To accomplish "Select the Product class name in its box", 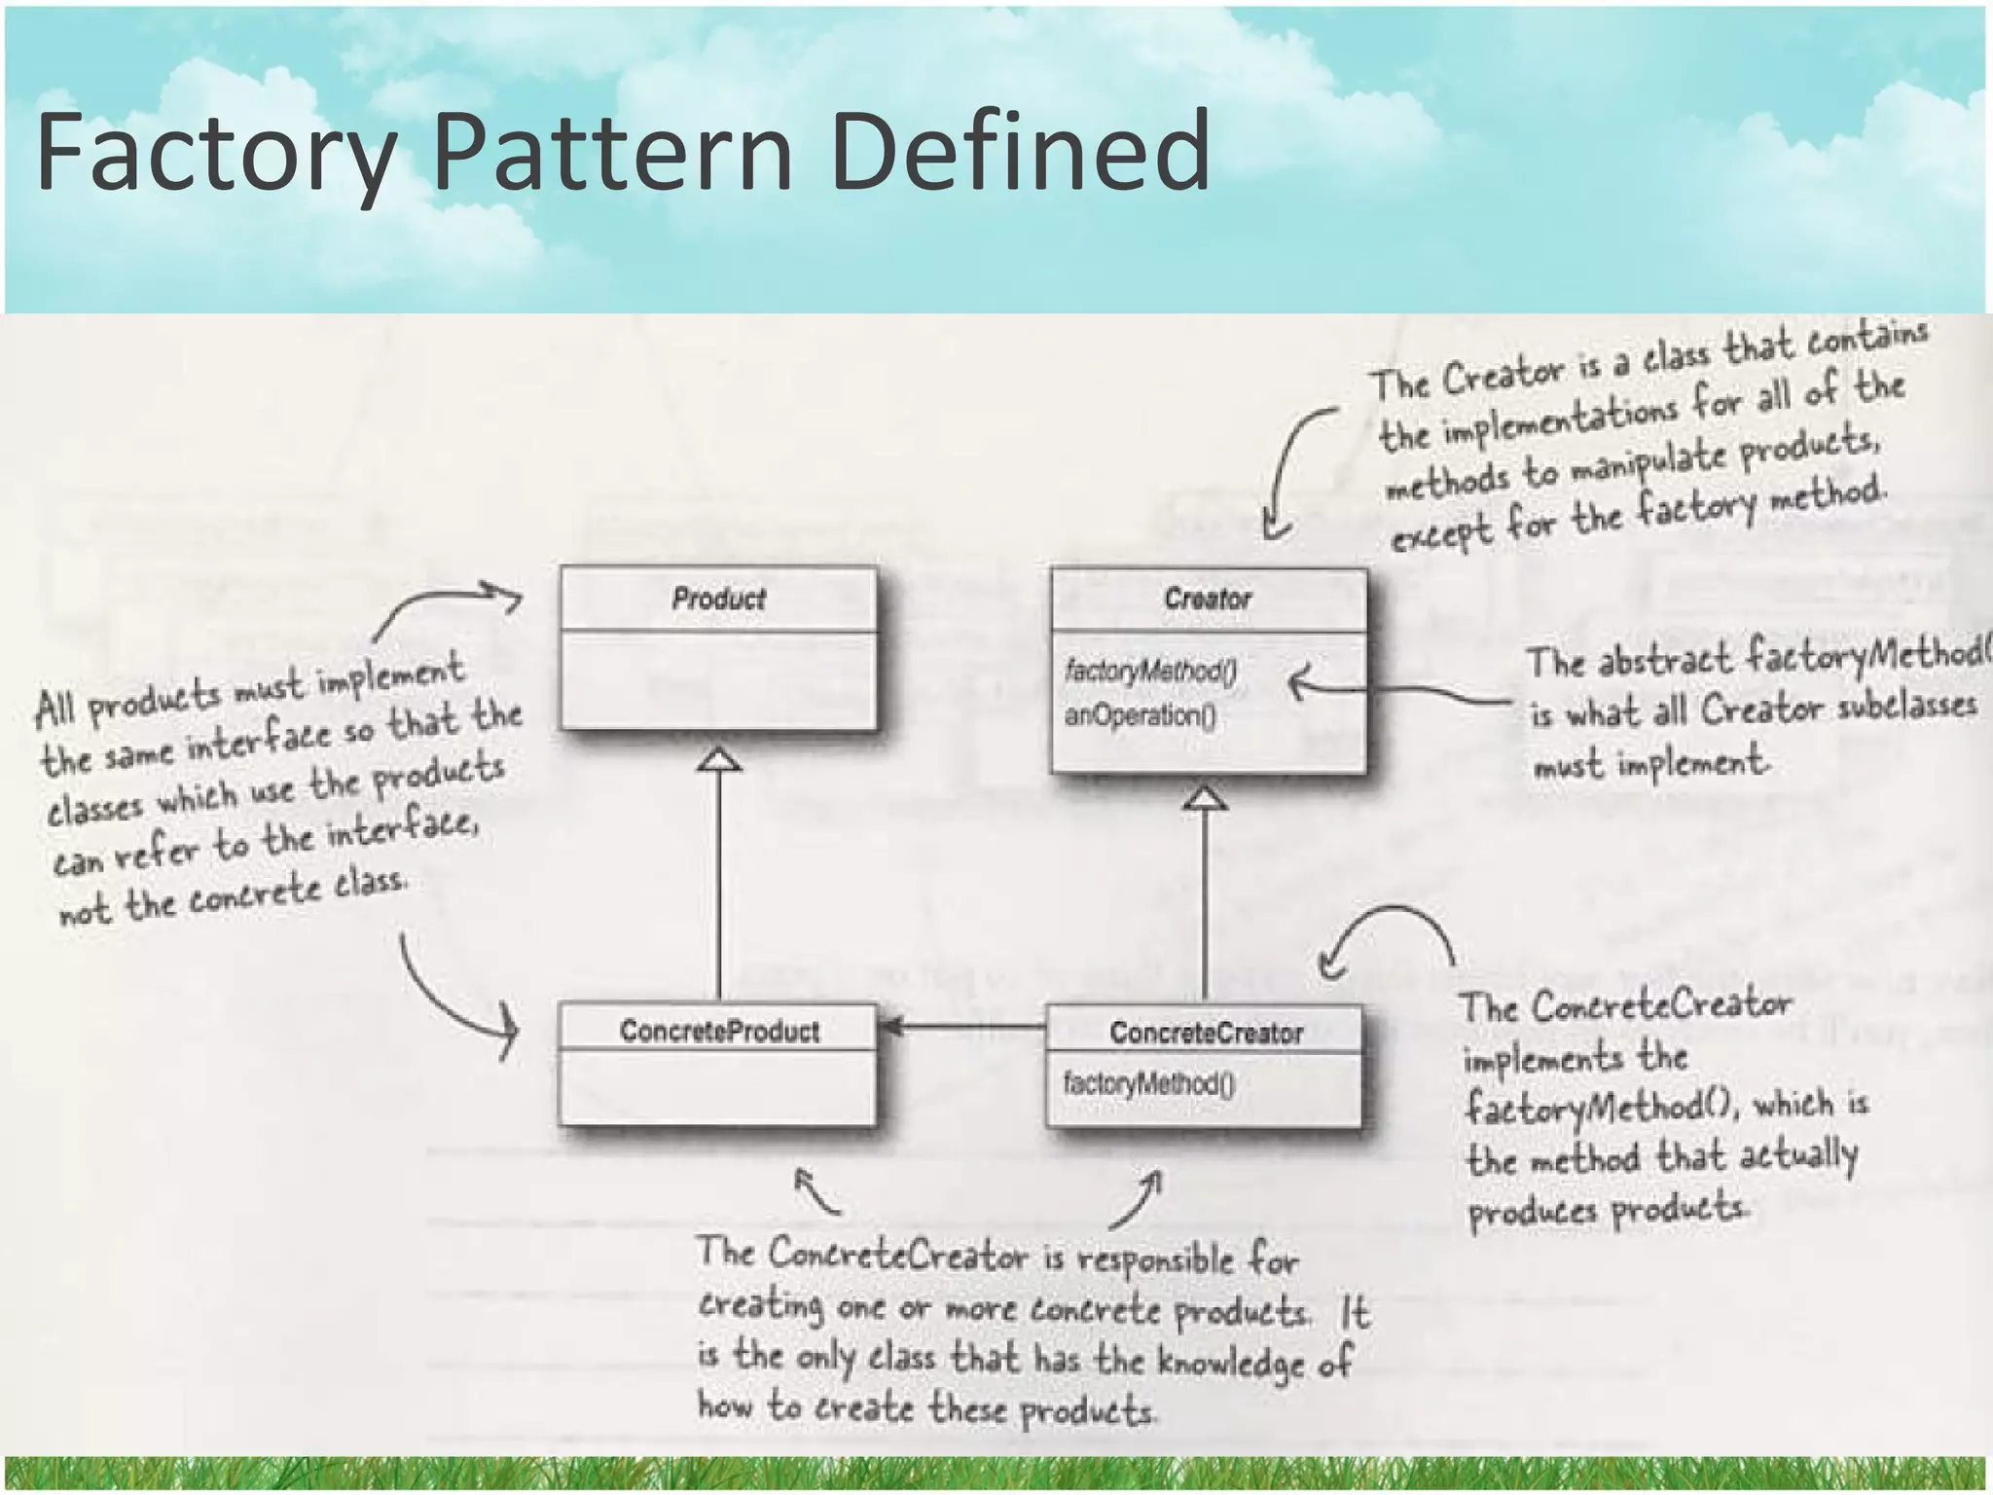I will click(x=718, y=598).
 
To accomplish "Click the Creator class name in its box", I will click(x=1207, y=598).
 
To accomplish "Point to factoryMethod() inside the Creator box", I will click(x=1150, y=671).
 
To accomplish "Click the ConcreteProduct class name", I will click(x=719, y=1031).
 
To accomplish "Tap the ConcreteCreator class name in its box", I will click(x=1206, y=1033).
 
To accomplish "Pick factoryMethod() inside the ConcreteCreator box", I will click(x=1149, y=1083).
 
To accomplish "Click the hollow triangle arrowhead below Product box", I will click(x=719, y=759).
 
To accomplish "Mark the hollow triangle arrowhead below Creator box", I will click(x=1205, y=797).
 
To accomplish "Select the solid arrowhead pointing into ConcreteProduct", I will click(x=889, y=1026).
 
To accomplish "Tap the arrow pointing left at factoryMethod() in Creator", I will click(x=1392, y=689).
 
